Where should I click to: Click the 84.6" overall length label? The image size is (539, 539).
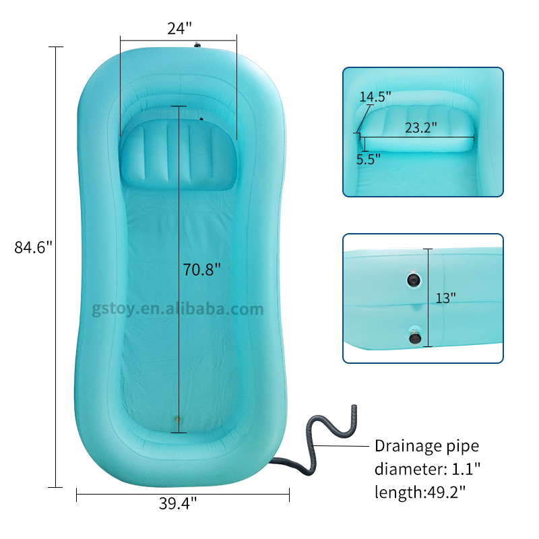pyautogui.click(x=33, y=247)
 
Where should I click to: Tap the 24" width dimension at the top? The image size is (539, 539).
pyautogui.click(x=179, y=28)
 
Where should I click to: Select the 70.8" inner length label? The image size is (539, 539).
pyautogui.click(x=201, y=269)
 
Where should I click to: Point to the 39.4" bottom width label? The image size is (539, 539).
pyautogui.click(x=178, y=503)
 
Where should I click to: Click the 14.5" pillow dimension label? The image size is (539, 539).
pyautogui.click(x=375, y=96)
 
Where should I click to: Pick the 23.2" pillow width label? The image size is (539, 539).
pyautogui.click(x=420, y=127)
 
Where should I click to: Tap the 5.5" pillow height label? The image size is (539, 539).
pyautogui.click(x=368, y=159)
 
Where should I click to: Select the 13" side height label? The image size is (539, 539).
pyautogui.click(x=445, y=298)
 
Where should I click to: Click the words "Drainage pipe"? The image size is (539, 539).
pyautogui.click(x=426, y=446)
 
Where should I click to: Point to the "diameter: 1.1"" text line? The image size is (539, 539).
pyautogui.click(x=427, y=468)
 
